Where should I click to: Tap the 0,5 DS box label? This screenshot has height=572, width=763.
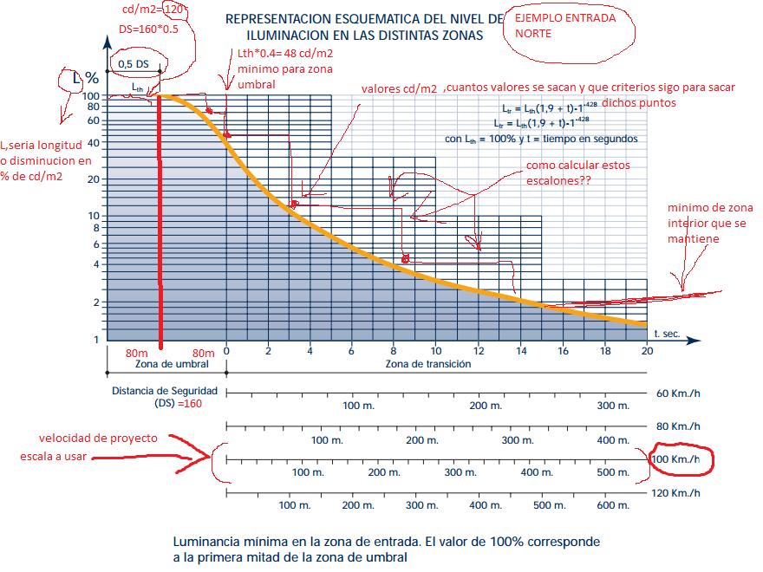tap(134, 63)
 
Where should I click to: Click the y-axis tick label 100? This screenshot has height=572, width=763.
tap(90, 95)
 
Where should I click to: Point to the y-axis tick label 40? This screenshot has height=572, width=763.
tap(94, 143)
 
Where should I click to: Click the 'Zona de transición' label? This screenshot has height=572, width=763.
tap(428, 365)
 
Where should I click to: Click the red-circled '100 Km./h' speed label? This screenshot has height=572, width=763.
tap(681, 458)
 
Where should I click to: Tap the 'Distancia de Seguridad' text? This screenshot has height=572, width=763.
tap(164, 391)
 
